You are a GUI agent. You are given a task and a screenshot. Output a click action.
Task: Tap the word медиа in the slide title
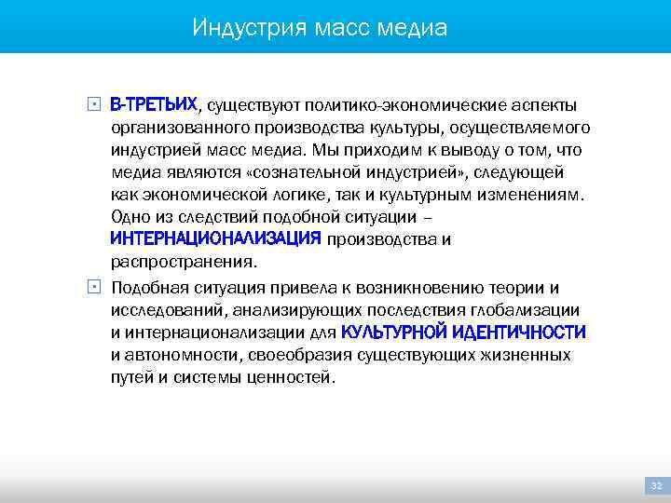(x=413, y=28)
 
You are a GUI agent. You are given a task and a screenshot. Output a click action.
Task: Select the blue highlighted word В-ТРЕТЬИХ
(x=154, y=103)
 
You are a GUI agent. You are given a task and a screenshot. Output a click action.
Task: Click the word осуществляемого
(x=529, y=127)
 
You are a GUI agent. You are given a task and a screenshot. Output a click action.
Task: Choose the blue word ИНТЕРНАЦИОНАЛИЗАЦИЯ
(x=215, y=240)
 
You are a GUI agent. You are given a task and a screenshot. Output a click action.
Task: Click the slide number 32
(x=655, y=485)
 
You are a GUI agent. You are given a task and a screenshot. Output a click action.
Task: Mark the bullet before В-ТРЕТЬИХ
(x=95, y=102)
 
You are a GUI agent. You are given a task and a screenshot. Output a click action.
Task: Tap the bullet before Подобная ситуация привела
(x=95, y=286)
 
